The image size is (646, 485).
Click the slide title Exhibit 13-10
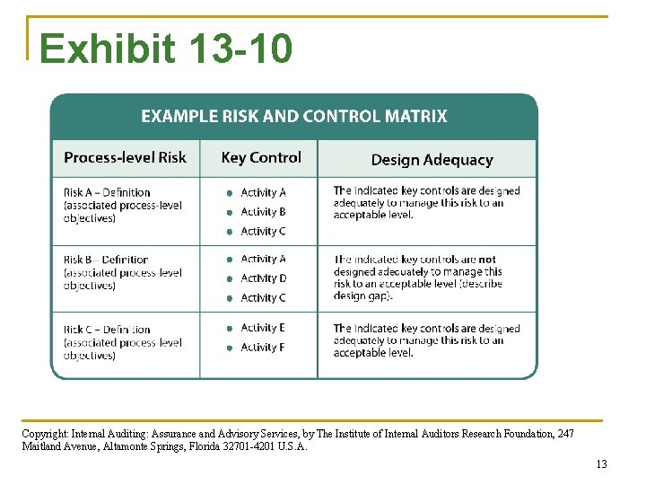click(166, 48)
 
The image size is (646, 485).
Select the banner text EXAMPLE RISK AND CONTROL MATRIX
click(294, 116)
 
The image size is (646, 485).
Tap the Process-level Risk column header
click(125, 157)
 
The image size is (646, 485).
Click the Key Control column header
click(261, 157)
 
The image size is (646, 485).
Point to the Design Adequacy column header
click(432, 160)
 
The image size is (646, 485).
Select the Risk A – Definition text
click(107, 192)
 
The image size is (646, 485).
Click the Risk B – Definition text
click(106, 260)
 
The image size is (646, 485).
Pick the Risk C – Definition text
click(107, 330)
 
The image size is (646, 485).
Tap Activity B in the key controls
click(263, 212)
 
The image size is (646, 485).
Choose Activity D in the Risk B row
click(263, 278)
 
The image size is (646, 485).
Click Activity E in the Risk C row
click(263, 328)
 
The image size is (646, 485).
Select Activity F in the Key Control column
click(263, 348)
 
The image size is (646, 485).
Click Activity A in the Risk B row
click(263, 259)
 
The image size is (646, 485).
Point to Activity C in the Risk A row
click(263, 232)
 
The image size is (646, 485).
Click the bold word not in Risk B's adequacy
click(487, 260)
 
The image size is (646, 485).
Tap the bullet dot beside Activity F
click(230, 348)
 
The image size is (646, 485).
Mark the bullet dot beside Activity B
click(230, 213)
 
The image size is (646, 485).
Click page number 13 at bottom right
click(601, 464)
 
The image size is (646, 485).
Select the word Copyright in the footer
click(42, 434)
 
